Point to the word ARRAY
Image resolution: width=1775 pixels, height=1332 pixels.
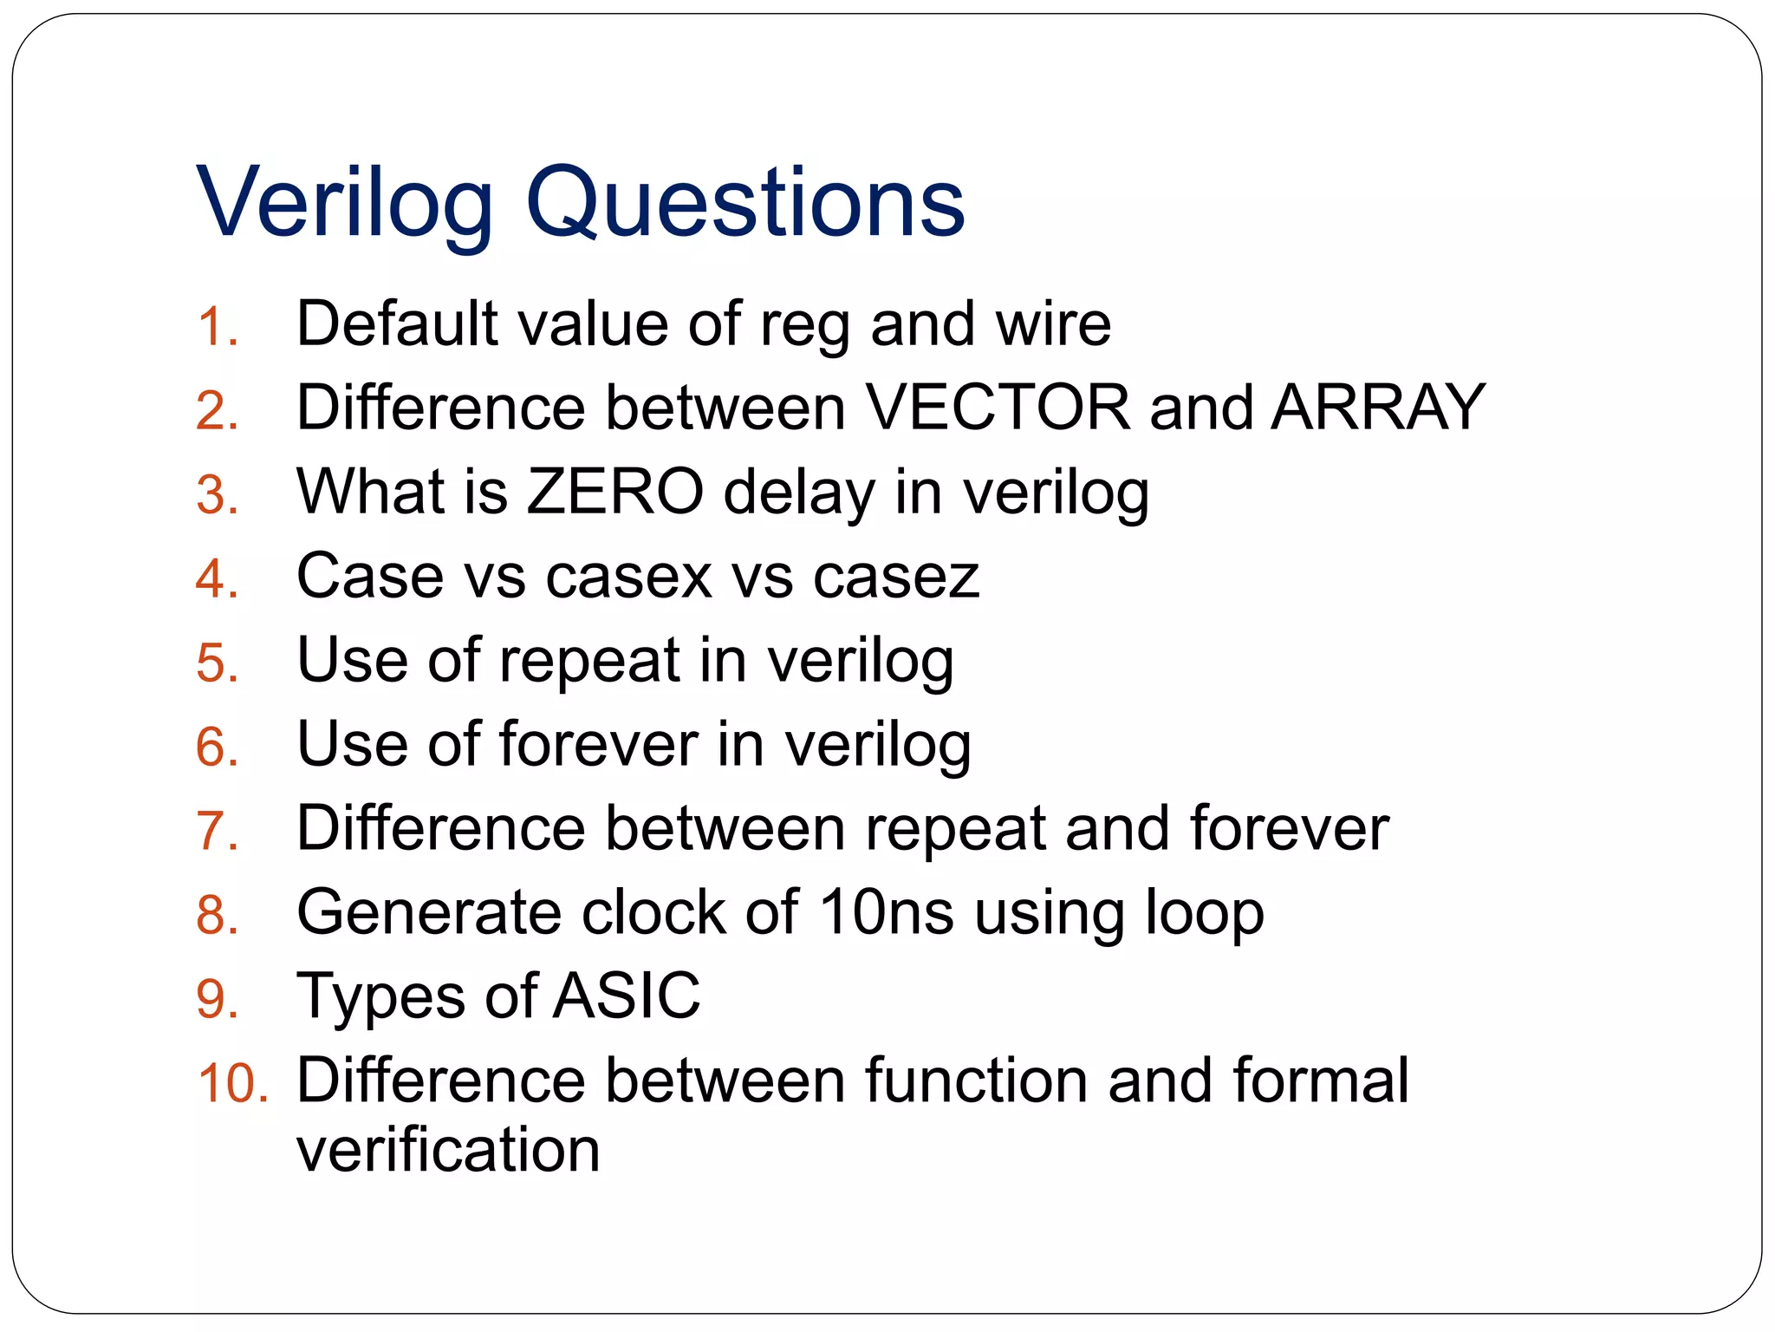[1378, 407]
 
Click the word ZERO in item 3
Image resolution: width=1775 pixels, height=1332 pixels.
[615, 492]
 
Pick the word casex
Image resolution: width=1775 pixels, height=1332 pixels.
[629, 576]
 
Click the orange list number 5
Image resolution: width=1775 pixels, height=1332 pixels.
[216, 663]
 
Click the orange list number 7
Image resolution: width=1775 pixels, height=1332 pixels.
[216, 831]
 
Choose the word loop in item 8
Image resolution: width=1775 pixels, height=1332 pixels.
[1205, 912]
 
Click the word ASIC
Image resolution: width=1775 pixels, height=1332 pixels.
[626, 996]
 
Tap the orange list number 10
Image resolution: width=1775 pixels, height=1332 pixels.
[232, 1084]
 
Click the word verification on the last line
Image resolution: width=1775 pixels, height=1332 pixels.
[448, 1150]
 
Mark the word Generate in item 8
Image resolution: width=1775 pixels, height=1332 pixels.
[428, 912]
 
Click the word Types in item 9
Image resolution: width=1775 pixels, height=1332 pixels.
[381, 997]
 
